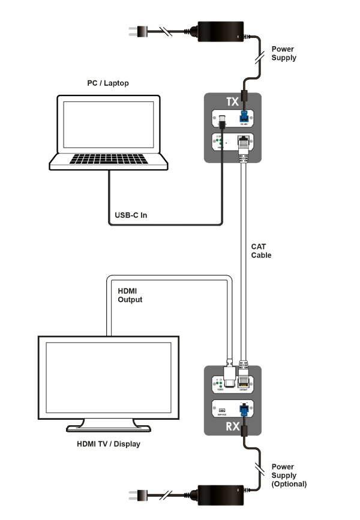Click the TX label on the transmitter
click(233, 102)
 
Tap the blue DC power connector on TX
click(245, 118)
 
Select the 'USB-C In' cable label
click(131, 215)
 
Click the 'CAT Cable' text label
click(261, 251)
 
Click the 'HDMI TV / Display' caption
click(108, 444)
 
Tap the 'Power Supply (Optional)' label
click(289, 475)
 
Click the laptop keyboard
click(109, 160)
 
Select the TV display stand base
click(109, 427)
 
